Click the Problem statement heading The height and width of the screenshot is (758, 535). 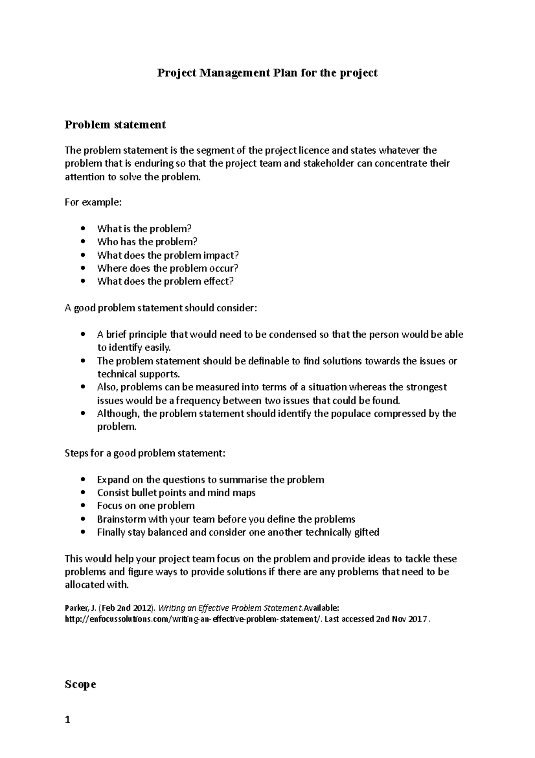click(115, 125)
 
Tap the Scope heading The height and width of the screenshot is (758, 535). click(80, 684)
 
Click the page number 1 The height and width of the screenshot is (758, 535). click(68, 720)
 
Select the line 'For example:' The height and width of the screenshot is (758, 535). click(93, 203)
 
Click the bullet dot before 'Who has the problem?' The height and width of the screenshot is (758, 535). click(83, 242)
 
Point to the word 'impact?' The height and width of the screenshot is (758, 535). click(221, 255)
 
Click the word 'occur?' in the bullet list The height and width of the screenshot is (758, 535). click(224, 268)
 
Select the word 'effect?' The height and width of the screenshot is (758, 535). click(218, 281)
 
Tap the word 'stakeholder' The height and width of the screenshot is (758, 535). click(329, 163)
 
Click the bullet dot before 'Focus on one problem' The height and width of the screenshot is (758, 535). click(83, 506)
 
